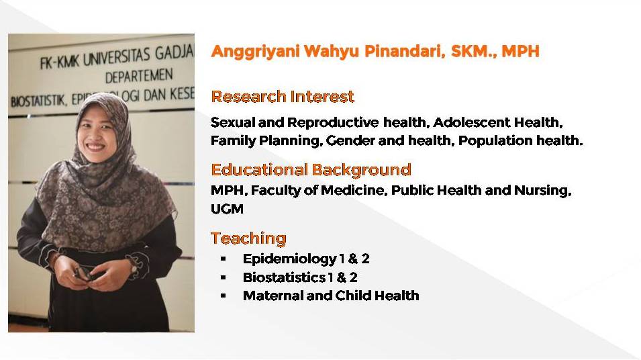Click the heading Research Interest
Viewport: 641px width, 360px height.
point(283,97)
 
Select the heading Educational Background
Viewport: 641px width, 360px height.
point(311,170)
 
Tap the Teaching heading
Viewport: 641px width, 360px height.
point(248,238)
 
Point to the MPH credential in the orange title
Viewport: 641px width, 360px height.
point(520,51)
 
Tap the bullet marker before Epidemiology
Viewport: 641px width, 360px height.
point(224,259)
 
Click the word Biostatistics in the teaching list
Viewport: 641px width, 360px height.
point(284,277)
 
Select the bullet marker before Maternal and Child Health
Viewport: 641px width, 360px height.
point(224,296)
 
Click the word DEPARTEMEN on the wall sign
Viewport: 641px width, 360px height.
point(139,77)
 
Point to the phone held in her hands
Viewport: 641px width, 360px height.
point(84,273)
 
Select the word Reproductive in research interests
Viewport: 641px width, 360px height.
point(332,122)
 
